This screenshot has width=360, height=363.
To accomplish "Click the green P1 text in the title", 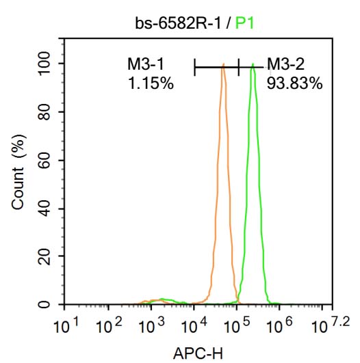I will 244,24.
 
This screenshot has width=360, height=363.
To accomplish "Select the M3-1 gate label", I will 145,65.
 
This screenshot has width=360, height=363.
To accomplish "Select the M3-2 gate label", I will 285,65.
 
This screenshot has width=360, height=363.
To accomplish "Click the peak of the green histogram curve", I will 253,65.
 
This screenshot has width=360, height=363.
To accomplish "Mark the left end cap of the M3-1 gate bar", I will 195,67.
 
